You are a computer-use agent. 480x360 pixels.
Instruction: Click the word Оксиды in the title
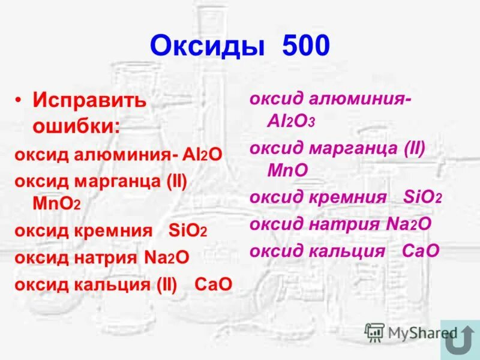pos(206,46)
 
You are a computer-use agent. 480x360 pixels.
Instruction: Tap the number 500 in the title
pos(299,46)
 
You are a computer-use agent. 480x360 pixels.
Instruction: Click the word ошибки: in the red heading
pos(76,126)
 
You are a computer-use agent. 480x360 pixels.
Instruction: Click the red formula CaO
pos(213,284)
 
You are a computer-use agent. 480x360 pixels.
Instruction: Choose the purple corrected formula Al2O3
pos(291,122)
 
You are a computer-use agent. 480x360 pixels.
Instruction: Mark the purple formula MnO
pos(287,170)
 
